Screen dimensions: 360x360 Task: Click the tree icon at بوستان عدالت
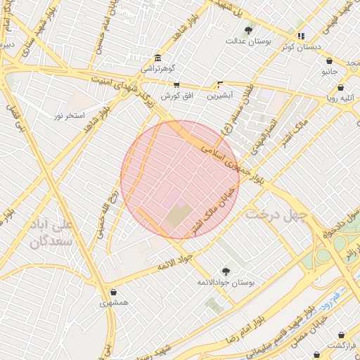tap(248, 30)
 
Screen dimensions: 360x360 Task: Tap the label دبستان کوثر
tap(297, 46)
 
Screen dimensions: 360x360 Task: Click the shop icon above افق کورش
tap(176, 84)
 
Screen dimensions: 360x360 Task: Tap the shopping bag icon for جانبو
tap(330, 72)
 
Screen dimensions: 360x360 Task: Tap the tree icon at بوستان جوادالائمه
tap(226, 271)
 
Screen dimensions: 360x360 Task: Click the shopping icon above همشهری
tap(114, 292)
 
